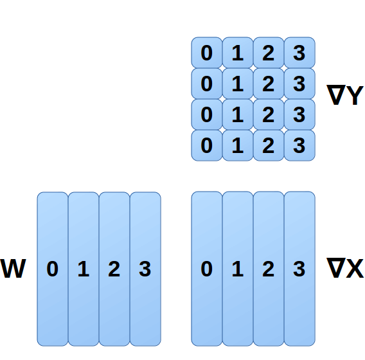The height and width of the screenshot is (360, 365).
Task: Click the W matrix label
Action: click(x=13, y=269)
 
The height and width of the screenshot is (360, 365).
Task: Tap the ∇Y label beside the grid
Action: click(x=345, y=96)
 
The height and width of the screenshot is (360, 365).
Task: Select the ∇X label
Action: click(x=345, y=269)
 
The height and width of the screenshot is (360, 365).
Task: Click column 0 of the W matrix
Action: click(x=53, y=269)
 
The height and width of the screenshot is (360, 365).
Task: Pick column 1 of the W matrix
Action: click(x=84, y=269)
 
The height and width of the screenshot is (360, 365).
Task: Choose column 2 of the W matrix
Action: click(x=114, y=269)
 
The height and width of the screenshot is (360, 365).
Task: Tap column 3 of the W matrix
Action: click(x=145, y=269)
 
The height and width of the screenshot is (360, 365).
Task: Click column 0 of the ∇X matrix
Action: click(x=207, y=269)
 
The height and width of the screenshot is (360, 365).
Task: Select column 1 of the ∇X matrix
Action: click(x=238, y=269)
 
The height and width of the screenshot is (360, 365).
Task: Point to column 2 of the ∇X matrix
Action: click(x=269, y=269)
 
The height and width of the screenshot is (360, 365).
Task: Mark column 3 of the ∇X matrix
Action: click(x=299, y=269)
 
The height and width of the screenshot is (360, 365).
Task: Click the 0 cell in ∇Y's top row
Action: click(x=207, y=53)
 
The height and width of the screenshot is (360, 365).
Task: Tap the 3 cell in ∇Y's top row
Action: click(x=299, y=53)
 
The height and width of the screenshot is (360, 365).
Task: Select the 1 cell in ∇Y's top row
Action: click(x=238, y=53)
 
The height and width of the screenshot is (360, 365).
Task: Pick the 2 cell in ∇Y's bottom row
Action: click(x=269, y=145)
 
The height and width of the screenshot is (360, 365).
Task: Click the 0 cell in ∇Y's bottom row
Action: click(x=207, y=145)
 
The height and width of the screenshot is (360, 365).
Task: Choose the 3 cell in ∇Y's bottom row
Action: click(x=299, y=145)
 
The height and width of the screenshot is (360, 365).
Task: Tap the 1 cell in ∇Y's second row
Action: click(x=238, y=84)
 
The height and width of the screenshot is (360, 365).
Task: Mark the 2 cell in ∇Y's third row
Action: click(x=269, y=114)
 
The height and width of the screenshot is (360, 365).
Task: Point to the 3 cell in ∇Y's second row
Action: click(x=299, y=84)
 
